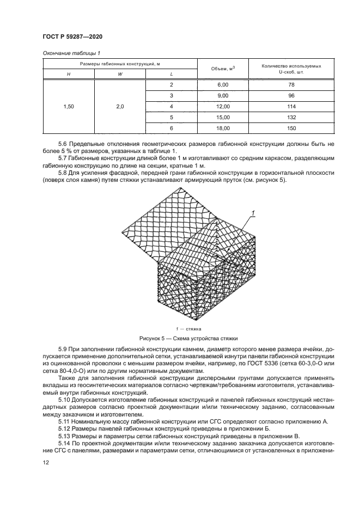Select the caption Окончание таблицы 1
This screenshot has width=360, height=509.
pos(70,53)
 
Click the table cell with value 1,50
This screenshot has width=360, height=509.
pos(69,107)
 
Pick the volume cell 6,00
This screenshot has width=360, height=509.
pos(223,85)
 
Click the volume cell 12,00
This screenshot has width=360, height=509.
pos(223,107)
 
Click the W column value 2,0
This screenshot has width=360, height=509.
pos(120,107)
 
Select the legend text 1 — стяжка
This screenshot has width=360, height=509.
pos(188,329)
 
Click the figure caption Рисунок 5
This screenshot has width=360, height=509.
pos(188,338)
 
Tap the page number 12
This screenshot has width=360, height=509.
pos(46,462)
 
